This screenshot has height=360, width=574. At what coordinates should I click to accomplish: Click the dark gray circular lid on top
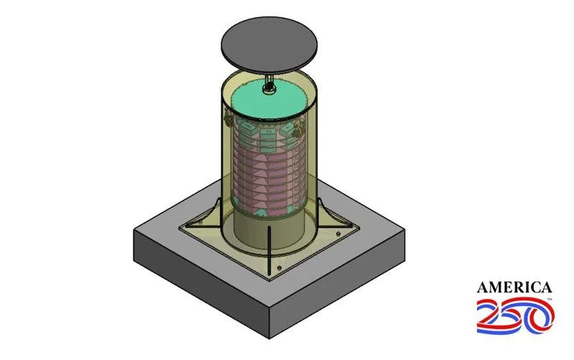pos(269,44)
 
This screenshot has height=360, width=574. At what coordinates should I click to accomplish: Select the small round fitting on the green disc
pos(270,88)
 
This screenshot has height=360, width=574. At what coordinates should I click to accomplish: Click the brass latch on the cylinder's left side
pos(228,118)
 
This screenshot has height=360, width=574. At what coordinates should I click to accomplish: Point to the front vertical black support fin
pos(269,251)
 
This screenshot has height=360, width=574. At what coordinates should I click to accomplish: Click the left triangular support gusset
pos(208,217)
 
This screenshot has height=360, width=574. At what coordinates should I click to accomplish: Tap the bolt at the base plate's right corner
pos(338,234)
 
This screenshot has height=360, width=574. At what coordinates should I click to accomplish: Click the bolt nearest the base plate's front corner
pos(279,268)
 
